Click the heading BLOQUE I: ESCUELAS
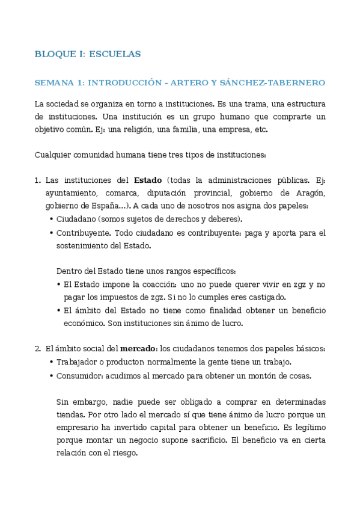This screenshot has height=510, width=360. (x=88, y=54)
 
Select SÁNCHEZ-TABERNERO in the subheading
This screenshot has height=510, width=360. (x=273, y=82)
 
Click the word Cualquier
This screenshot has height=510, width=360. (x=53, y=155)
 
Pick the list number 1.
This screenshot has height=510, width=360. (x=37, y=180)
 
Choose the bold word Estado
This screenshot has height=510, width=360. (x=148, y=180)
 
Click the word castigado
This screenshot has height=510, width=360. (x=267, y=297)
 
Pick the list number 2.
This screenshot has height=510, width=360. (x=37, y=348)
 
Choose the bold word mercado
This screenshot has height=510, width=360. (x=139, y=348)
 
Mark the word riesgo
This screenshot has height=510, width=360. (x=125, y=454)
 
